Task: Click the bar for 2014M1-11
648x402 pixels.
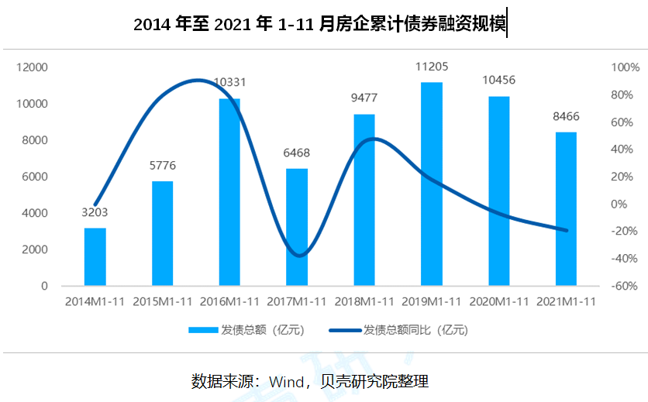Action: (95, 256)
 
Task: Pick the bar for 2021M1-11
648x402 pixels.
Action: (566, 208)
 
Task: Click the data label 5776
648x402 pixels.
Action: (162, 166)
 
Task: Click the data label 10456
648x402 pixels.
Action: (498, 81)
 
